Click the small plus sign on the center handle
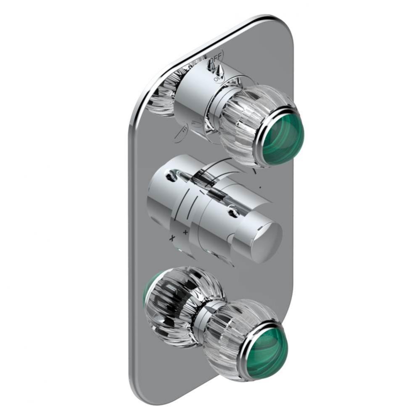tap(185, 231)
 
